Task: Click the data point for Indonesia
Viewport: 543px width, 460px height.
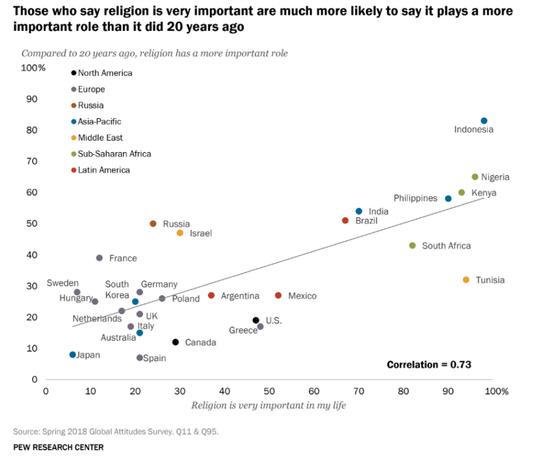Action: pyautogui.click(x=484, y=121)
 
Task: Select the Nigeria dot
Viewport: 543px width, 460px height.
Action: pyautogui.click(x=475, y=177)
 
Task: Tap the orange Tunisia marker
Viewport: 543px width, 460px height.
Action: pyautogui.click(x=466, y=280)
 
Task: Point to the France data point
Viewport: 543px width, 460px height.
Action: pyautogui.click(x=99, y=258)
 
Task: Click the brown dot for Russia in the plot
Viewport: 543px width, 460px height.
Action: pyautogui.click(x=153, y=224)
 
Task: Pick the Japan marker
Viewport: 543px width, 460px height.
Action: pyautogui.click(x=73, y=355)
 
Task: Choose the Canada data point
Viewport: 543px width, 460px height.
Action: pyautogui.click(x=175, y=342)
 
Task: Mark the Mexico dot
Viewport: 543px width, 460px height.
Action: pyautogui.click(x=278, y=296)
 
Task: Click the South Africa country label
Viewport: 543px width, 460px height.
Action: pyautogui.click(x=446, y=246)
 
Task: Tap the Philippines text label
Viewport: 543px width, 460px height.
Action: pyautogui.click(x=415, y=198)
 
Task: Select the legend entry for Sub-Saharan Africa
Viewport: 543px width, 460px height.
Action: pyautogui.click(x=114, y=154)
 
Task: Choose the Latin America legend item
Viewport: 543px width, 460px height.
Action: pyautogui.click(x=104, y=170)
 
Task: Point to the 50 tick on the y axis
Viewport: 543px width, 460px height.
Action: pyautogui.click(x=31, y=224)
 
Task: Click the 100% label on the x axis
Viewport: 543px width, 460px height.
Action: pyautogui.click(x=496, y=391)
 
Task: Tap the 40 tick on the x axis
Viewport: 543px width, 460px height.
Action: pyautogui.click(x=225, y=391)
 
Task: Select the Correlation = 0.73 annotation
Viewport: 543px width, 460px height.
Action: pyautogui.click(x=429, y=364)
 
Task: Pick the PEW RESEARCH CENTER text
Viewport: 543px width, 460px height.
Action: pyautogui.click(x=58, y=447)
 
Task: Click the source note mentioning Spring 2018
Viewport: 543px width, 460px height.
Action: pyautogui.click(x=116, y=431)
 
